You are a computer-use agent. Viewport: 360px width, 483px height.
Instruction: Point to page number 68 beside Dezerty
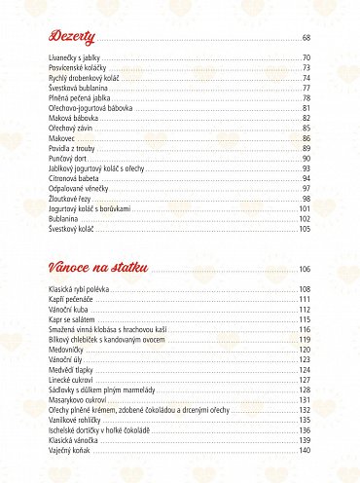(306, 38)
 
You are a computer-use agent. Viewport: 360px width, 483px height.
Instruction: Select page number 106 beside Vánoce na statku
(305, 269)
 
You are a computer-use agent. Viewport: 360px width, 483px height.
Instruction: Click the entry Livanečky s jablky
(77, 59)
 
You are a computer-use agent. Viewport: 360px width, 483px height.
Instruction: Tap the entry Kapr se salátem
(74, 319)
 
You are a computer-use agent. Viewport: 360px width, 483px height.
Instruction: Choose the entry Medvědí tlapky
(74, 369)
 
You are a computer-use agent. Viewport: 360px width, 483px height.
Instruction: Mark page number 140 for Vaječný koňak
(305, 450)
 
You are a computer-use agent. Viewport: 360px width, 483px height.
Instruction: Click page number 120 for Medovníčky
(305, 350)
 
